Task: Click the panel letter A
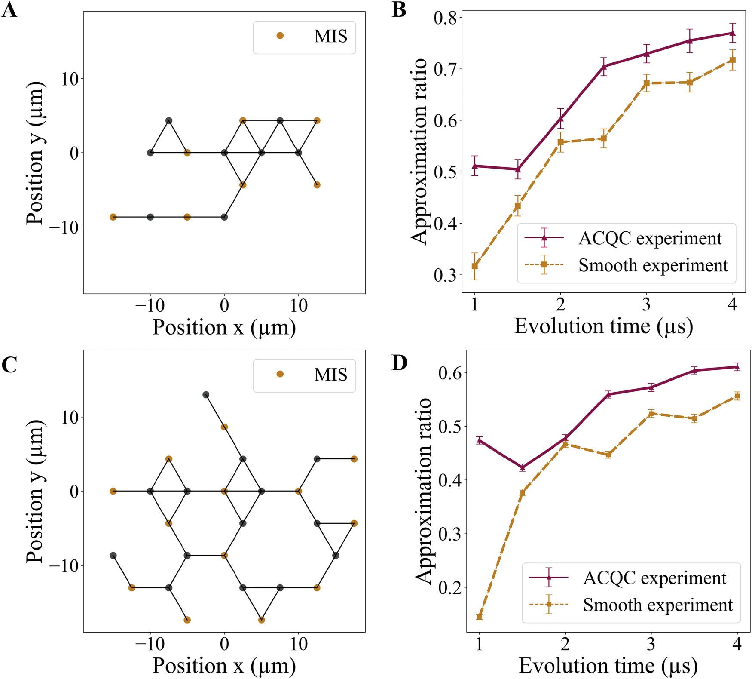tap(9, 9)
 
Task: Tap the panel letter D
tap(399, 363)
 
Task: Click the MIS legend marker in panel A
tap(280, 36)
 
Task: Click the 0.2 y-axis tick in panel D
tap(449, 587)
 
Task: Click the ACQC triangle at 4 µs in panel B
tap(733, 33)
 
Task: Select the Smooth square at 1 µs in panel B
tap(475, 266)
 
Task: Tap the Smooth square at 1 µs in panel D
tap(480, 617)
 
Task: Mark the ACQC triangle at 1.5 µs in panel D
tap(523, 467)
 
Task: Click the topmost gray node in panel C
tap(206, 395)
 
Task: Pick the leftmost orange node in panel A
tap(113, 217)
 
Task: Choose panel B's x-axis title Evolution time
tap(603, 327)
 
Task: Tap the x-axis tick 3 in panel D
tap(651, 645)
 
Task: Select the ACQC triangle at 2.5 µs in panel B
tap(604, 66)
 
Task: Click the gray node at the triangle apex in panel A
tap(169, 121)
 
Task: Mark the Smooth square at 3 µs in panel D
tap(651, 414)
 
